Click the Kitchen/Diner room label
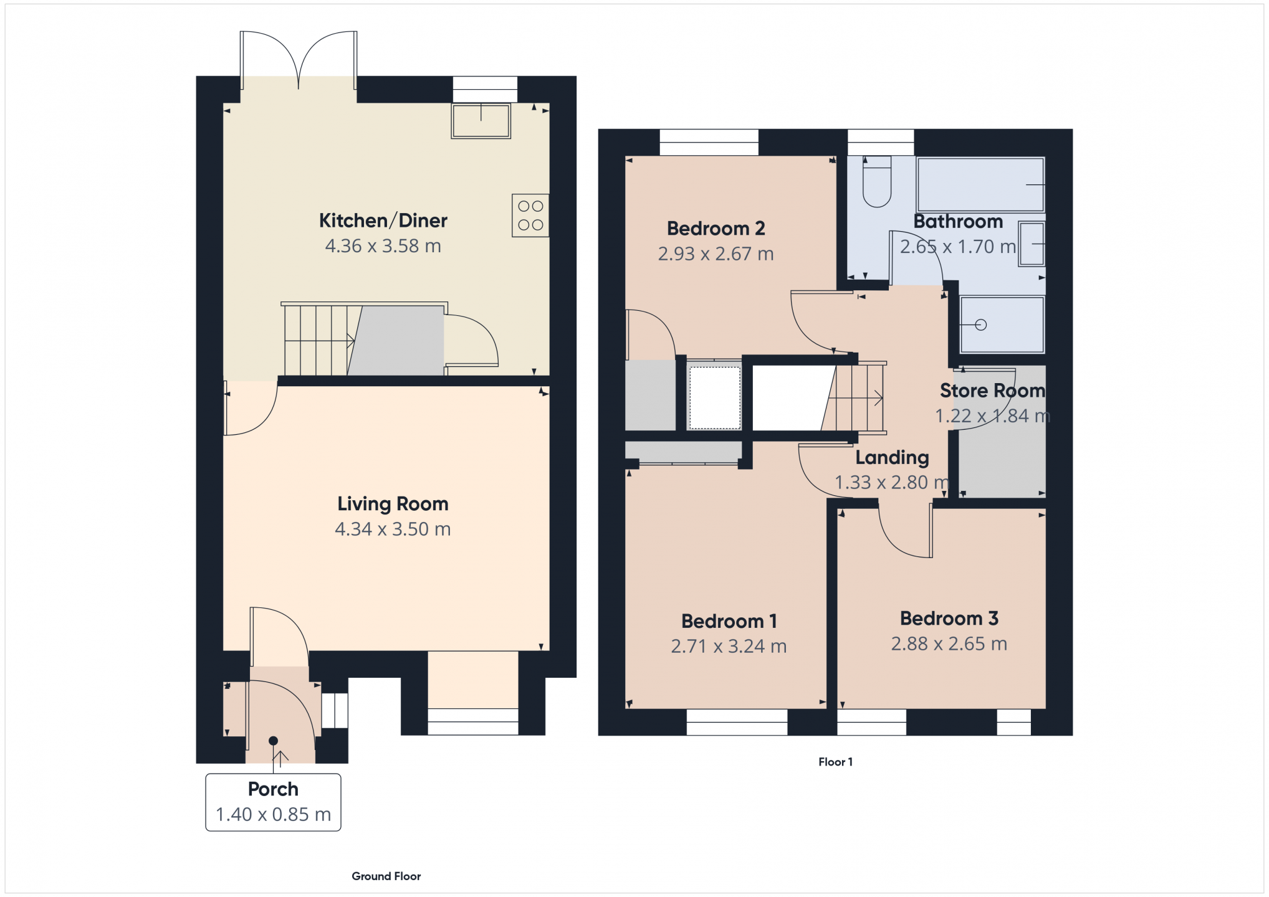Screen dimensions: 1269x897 coord(383,221)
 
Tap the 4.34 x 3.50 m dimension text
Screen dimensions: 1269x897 coord(393,529)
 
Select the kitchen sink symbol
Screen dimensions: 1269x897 coord(481,120)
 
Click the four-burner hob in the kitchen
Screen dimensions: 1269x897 coord(530,216)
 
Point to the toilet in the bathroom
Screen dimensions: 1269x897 coord(877,181)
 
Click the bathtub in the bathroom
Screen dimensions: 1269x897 coord(980,184)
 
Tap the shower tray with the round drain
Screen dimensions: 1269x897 coord(1002,325)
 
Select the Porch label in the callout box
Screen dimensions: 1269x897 coord(273,789)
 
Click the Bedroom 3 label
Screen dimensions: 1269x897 coord(949,619)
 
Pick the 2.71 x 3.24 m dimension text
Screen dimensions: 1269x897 coord(729,646)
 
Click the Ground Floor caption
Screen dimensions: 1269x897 coord(386,876)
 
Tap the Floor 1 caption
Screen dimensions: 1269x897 coord(835,762)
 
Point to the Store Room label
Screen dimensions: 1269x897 coord(992,391)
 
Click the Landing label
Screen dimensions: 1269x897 coord(892,458)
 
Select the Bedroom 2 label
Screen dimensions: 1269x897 coord(716,229)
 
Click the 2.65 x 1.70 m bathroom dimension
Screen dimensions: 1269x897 coord(958,247)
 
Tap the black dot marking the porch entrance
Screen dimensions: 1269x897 coord(273,741)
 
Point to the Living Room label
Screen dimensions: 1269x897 coord(393,503)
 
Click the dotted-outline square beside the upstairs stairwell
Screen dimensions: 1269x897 coord(714,397)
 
